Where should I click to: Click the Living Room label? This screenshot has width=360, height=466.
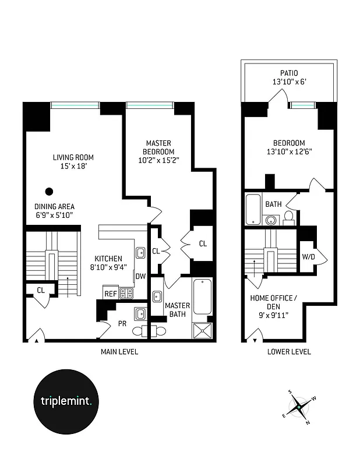pyautogui.click(x=73, y=157)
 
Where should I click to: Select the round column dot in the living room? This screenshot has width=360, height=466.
pyautogui.click(x=50, y=190)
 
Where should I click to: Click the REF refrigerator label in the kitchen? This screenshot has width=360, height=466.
pyautogui.click(x=110, y=294)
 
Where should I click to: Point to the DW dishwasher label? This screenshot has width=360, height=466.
pyautogui.click(x=140, y=276)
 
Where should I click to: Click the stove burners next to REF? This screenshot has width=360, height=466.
pyautogui.click(x=126, y=294)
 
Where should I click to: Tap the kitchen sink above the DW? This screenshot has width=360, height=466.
pyautogui.click(x=140, y=252)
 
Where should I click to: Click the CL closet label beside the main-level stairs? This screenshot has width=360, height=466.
pyautogui.click(x=41, y=289)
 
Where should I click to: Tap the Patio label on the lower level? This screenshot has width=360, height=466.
pyautogui.click(x=289, y=73)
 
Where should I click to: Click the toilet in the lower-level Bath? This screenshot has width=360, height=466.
pyautogui.click(x=288, y=218)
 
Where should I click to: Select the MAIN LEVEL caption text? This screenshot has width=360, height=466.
pyautogui.click(x=119, y=352)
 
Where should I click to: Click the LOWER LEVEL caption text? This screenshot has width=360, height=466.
pyautogui.click(x=289, y=352)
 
